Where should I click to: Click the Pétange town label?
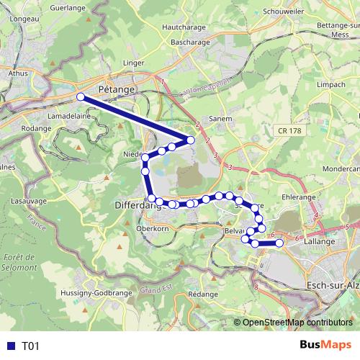click(x=117, y=89)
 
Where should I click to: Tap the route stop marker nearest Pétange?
click(x=81, y=96)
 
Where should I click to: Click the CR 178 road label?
click(x=289, y=130)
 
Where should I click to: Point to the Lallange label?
click(x=320, y=242)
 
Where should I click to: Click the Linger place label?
click(x=135, y=63)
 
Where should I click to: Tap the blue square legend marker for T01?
click(x=10, y=346)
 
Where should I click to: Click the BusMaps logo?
click(x=325, y=346)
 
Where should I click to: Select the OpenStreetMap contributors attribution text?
click(x=297, y=323)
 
